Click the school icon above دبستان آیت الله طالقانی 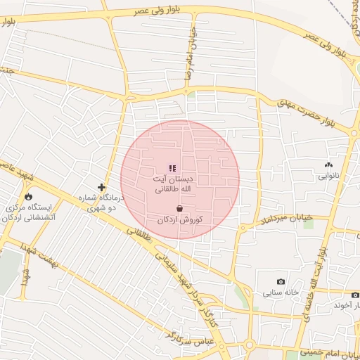tap(172, 168)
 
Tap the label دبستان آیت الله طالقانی tap(172, 184)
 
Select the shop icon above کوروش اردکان tap(181, 208)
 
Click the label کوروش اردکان tap(180, 220)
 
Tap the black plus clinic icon tap(102, 187)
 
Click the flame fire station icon tap(29, 196)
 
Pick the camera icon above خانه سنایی tap(281, 281)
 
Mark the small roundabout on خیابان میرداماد tap(243, 228)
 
